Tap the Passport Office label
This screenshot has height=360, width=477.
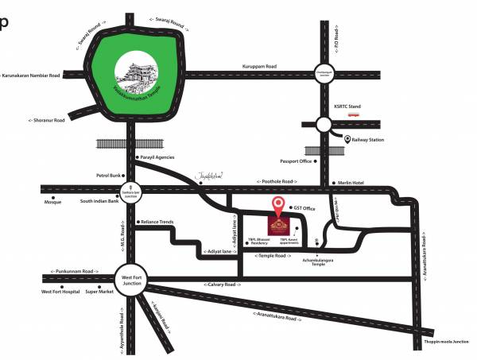pyautogui.click(x=293, y=161)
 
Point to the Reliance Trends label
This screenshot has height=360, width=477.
pyautogui.click(x=156, y=222)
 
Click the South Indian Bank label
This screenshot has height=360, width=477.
pyautogui.click(x=99, y=200)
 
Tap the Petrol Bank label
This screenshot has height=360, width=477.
pyautogui.click(x=108, y=174)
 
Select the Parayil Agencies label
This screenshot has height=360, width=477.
pyautogui.click(x=157, y=157)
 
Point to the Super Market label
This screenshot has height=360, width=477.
pyautogui.click(x=100, y=292)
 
